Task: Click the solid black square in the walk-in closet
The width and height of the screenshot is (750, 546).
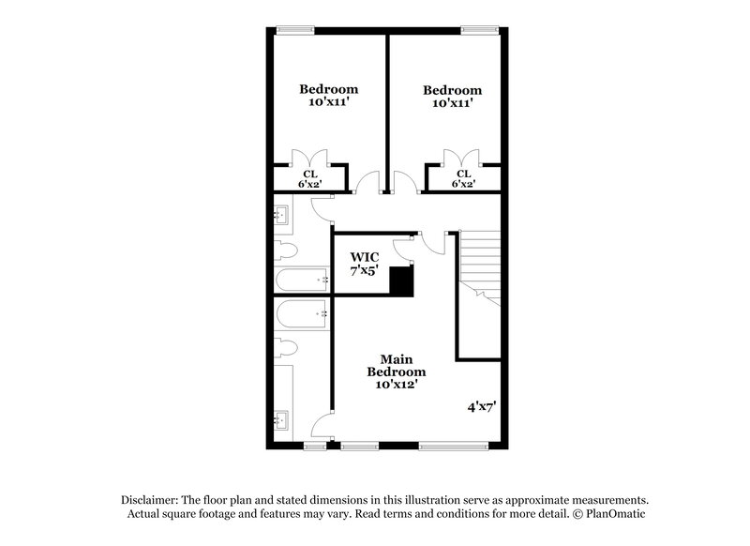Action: (402, 281)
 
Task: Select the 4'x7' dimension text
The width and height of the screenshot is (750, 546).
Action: (481, 408)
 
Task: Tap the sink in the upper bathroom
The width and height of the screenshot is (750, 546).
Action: (282, 216)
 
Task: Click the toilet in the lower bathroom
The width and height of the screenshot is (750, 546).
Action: (285, 348)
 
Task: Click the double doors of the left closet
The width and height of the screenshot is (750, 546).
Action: (309, 158)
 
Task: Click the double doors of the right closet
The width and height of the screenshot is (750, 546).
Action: (462, 158)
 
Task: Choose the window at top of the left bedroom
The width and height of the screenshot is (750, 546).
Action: (299, 30)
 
